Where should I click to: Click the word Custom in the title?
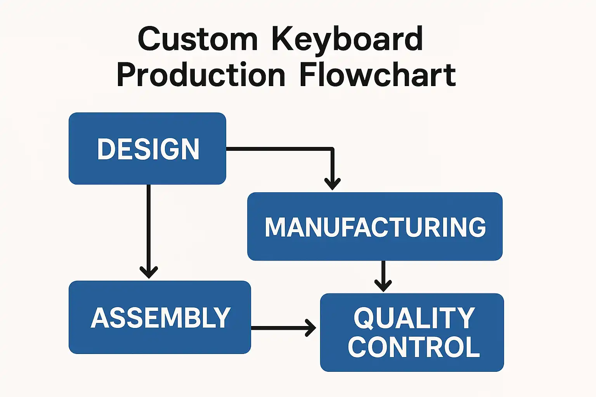198,38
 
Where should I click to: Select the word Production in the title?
201,74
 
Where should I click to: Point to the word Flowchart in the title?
378,74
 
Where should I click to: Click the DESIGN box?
147,148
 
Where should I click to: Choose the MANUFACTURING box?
375,226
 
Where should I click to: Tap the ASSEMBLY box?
159,317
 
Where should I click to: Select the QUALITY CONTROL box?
412,332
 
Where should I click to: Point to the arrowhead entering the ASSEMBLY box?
149,272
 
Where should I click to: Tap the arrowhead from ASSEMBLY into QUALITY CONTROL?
310,328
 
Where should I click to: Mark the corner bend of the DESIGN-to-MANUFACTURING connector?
332,148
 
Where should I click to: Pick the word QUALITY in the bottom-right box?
414,318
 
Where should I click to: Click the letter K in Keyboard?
282,38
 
